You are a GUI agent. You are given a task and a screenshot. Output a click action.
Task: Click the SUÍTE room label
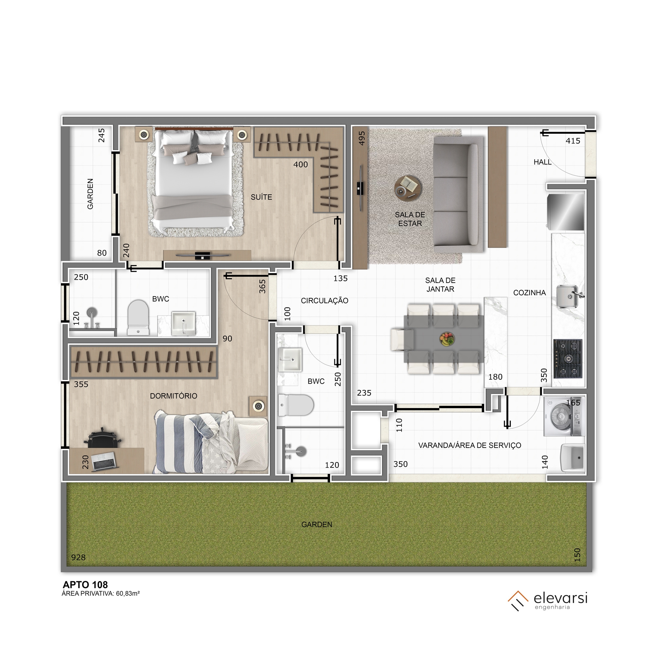pyautogui.click(x=261, y=197)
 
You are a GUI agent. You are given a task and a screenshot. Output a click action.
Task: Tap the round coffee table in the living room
pyautogui.click(x=408, y=187)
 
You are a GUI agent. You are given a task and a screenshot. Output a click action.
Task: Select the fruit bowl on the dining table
pyautogui.click(x=447, y=339)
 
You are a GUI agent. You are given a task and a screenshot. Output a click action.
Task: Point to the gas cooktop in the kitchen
pyautogui.click(x=568, y=359)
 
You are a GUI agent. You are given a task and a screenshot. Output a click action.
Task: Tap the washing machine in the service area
pyautogui.click(x=564, y=416)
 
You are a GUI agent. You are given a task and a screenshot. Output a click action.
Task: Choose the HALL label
pyautogui.click(x=543, y=162)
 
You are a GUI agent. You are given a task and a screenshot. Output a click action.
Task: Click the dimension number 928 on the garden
pyautogui.click(x=78, y=557)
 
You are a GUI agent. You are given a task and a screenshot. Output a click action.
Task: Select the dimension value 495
pyautogui.click(x=362, y=138)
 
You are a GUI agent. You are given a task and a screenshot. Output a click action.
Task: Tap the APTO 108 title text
pyautogui.click(x=85, y=585)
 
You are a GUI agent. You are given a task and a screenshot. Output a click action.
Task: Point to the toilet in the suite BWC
pyautogui.click(x=138, y=317)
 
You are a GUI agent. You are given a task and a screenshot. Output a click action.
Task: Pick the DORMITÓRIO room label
pyautogui.click(x=173, y=396)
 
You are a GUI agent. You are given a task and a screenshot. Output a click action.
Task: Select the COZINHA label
pyautogui.click(x=529, y=293)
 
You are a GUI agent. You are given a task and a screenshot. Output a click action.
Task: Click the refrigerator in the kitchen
pyautogui.click(x=565, y=212)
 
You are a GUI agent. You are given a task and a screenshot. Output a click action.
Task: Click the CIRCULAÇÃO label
pyautogui.click(x=324, y=301)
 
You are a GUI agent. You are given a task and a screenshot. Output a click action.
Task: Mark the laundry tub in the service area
pyautogui.click(x=573, y=457)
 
